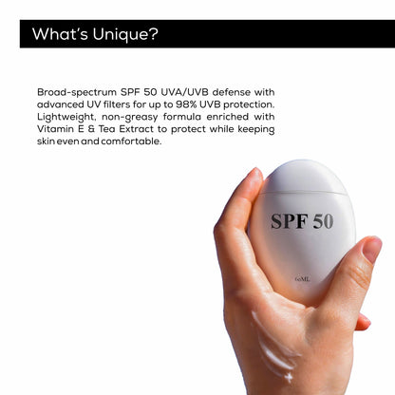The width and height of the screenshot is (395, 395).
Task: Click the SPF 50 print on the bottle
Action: pyautogui.click(x=301, y=220)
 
